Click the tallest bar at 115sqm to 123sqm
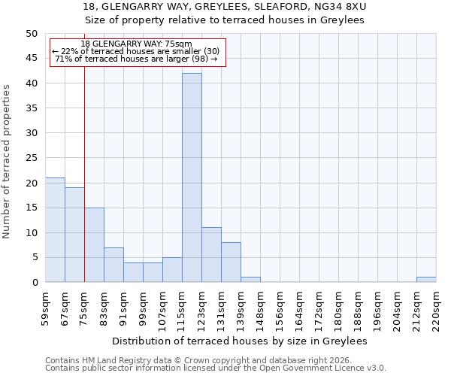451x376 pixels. (192, 177)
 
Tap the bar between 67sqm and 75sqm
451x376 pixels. (74, 235)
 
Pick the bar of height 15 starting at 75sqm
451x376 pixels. (94, 245)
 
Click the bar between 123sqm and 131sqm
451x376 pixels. (211, 255)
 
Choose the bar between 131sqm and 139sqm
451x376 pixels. (231, 262)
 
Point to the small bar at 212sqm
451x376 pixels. (426, 280)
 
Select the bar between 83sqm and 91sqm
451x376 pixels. (114, 265)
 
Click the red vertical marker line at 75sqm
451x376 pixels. (84, 173)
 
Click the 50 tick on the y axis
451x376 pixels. (31, 34)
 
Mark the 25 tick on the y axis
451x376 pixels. (31, 158)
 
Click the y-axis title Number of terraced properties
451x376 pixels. (7, 161)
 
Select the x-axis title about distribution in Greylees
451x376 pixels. (244, 341)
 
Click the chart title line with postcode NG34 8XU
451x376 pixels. (225, 7)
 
